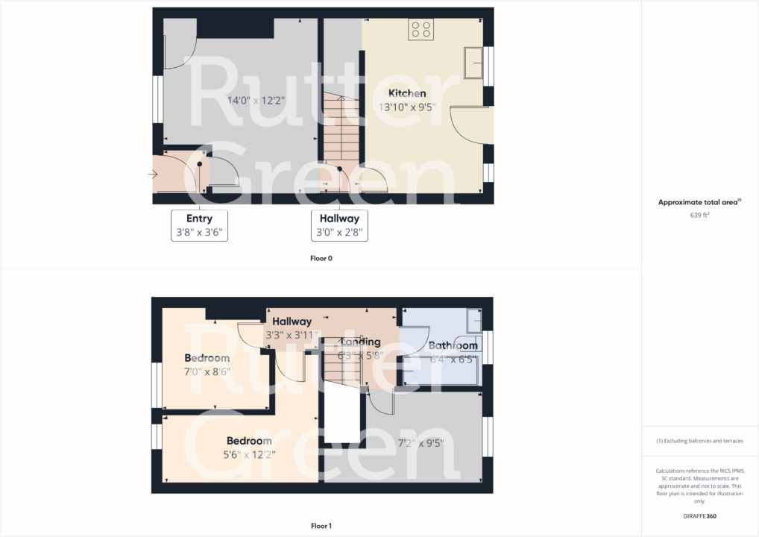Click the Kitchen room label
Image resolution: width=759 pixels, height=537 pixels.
(x=407, y=93)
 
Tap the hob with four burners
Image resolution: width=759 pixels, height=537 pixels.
(x=421, y=30)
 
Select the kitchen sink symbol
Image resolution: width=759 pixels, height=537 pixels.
(x=473, y=63)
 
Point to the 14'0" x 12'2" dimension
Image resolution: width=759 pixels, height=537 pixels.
(x=256, y=100)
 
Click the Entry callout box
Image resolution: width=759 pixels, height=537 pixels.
(x=199, y=225)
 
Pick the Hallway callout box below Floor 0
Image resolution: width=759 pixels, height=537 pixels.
(x=339, y=225)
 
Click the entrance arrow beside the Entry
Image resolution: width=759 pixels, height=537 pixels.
(x=153, y=175)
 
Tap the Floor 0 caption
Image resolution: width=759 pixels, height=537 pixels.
(x=321, y=259)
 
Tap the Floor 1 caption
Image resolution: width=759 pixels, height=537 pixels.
(x=321, y=526)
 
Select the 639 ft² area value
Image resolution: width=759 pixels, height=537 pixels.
(x=699, y=215)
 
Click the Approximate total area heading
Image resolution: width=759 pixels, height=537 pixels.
(x=699, y=202)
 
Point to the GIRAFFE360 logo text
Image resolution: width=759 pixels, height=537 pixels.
(x=699, y=515)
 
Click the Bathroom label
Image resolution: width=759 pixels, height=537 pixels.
(x=453, y=346)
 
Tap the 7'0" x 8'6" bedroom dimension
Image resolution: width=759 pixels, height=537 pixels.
(x=207, y=371)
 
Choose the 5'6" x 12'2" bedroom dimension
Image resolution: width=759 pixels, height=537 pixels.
(x=250, y=454)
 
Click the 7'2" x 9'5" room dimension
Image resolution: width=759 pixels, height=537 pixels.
(x=421, y=443)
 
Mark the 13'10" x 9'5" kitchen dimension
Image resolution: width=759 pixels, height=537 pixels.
(x=407, y=107)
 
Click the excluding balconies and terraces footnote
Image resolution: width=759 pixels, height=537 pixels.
(x=699, y=441)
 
